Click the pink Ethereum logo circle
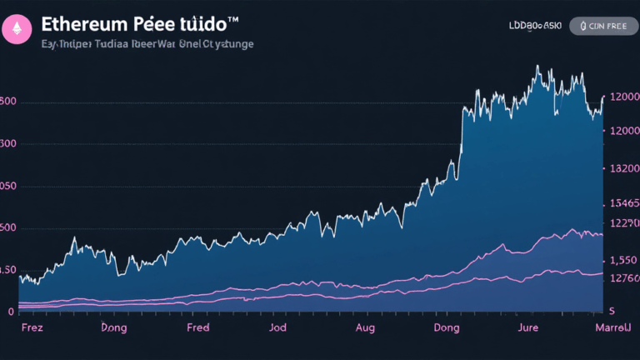[15, 28]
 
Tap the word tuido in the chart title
[200, 25]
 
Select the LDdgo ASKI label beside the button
[535, 27]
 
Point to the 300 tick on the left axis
[9, 144]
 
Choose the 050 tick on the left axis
[8, 187]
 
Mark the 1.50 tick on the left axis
[7, 270]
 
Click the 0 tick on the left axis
[11, 312]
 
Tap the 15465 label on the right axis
[624, 203]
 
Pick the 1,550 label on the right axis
[624, 260]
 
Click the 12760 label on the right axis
[624, 279]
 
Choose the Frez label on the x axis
[32, 328]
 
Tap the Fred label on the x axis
[198, 328]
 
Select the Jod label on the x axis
[277, 328]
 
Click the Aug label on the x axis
[365, 328]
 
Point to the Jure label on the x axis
[528, 328]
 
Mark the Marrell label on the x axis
[612, 328]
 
